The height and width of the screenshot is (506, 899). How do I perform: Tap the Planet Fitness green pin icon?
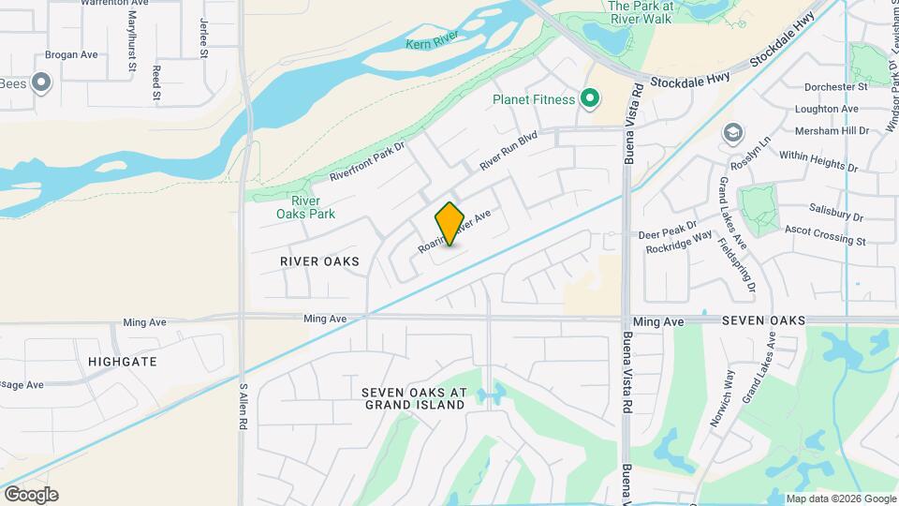(x=589, y=98)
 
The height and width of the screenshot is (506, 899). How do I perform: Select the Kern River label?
(x=432, y=41)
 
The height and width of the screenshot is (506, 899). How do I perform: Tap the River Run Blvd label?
(x=508, y=149)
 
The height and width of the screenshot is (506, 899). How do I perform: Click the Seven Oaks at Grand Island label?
(x=414, y=397)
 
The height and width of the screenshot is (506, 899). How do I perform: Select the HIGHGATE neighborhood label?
(x=122, y=361)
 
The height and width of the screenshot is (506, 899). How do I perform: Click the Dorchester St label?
(x=836, y=87)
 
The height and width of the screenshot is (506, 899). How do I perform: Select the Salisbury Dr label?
(x=836, y=215)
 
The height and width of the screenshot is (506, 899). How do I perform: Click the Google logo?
(x=31, y=495)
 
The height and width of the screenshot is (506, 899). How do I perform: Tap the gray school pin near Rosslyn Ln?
(x=730, y=135)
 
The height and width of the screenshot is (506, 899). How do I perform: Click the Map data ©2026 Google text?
(x=840, y=499)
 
